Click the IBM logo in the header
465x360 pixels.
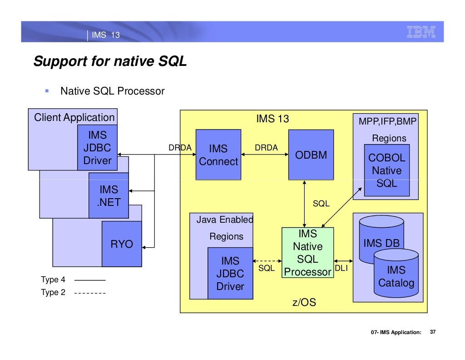[421, 32]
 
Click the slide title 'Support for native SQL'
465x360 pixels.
[110, 61]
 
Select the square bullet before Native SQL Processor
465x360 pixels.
[47, 90]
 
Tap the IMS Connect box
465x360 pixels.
[218, 155]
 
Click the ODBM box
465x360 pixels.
[311, 155]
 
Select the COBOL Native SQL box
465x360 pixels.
[386, 170]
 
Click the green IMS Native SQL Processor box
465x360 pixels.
[307, 253]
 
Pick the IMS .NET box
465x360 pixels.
[109, 195]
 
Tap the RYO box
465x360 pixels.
[122, 244]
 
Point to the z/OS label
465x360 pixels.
[303, 302]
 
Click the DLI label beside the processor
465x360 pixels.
[341, 269]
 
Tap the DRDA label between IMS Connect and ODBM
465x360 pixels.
[266, 148]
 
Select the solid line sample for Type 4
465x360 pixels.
[89, 280]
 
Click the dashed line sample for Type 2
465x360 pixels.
[89, 293]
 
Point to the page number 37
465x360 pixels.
[432, 332]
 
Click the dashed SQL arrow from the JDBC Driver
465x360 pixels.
[267, 261]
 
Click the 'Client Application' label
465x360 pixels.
[74, 117]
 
